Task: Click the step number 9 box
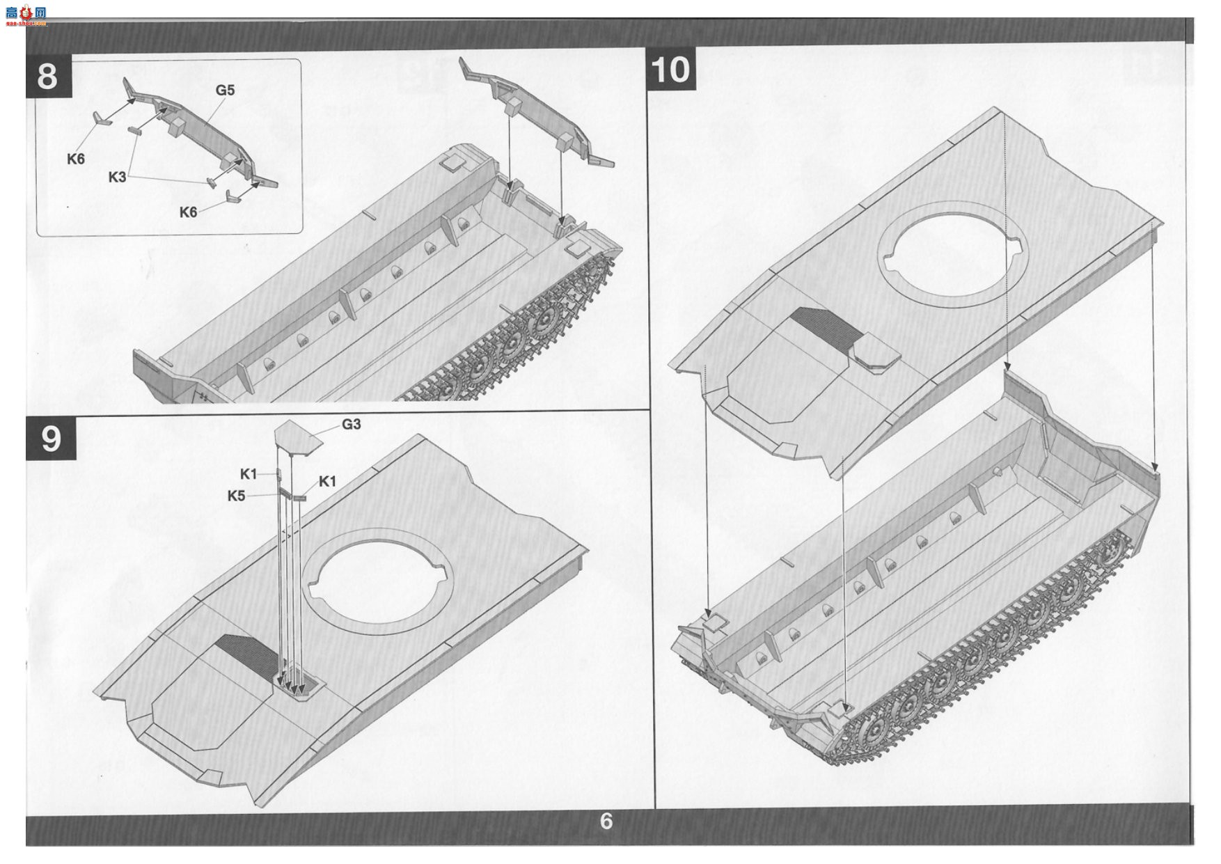(51, 438)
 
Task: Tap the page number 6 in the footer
(606, 822)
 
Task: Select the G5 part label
(225, 90)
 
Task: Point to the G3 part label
(351, 424)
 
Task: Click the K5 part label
(237, 496)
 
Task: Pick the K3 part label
(117, 177)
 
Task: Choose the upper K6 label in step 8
(76, 159)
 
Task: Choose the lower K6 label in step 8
(189, 212)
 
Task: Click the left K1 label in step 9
(249, 474)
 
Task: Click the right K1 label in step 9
(327, 481)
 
